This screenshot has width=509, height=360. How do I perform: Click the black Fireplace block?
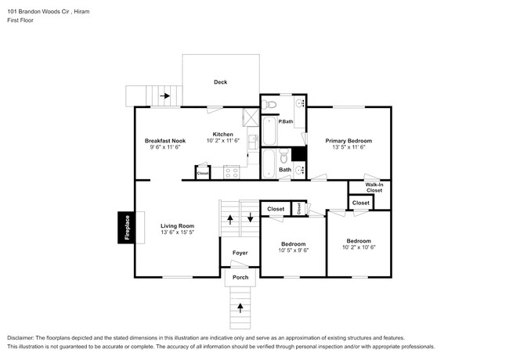[x=126, y=228]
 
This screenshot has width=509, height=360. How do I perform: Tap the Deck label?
[x=220, y=82]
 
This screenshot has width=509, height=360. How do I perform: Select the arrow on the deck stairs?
[x=165, y=95]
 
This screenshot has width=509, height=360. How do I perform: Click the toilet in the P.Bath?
[x=269, y=104]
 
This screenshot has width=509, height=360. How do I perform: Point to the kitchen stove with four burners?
[x=232, y=172]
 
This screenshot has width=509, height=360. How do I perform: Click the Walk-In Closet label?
[x=374, y=188]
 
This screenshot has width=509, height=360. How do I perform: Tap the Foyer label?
[x=240, y=253]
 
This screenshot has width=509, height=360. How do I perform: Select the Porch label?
[x=240, y=277]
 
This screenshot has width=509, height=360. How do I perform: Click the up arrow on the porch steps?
[x=240, y=308]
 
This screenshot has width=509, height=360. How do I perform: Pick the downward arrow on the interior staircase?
[x=251, y=218]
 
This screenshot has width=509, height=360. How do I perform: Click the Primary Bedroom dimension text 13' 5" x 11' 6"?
[x=348, y=147]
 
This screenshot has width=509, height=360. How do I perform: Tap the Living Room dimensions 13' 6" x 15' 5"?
[x=177, y=232]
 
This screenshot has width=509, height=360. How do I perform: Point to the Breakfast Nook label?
[x=165, y=141]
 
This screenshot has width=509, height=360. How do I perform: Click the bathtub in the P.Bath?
[x=269, y=131]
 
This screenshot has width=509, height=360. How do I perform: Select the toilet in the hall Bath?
[x=284, y=157]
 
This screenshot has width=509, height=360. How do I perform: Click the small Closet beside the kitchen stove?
[x=203, y=173]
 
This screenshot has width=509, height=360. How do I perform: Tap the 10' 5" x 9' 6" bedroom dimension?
[x=294, y=250]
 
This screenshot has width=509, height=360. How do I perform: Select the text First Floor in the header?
[x=20, y=20]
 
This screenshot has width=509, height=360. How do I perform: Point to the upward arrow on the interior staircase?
[x=230, y=220]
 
